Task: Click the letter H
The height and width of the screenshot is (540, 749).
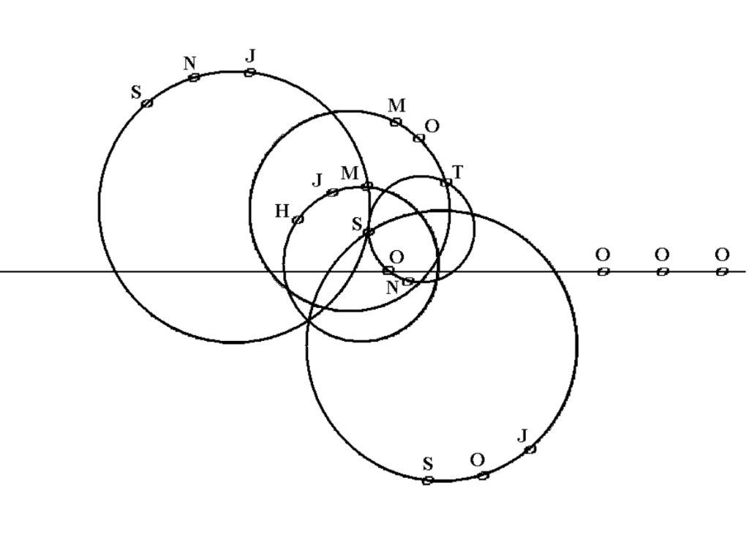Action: click(x=282, y=212)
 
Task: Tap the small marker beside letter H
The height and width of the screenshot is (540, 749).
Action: click(x=298, y=220)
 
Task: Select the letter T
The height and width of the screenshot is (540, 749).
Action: click(x=458, y=173)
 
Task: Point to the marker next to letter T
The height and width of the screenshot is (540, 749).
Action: click(x=445, y=182)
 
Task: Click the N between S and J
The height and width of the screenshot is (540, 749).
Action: click(x=189, y=64)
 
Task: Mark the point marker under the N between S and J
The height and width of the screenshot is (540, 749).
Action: click(x=194, y=78)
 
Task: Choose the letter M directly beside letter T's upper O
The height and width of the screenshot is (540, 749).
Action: click(x=396, y=106)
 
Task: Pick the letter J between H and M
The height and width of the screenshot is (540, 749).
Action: click(x=317, y=180)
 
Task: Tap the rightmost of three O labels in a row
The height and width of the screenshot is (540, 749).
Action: click(x=722, y=255)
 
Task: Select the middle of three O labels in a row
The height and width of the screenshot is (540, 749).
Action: click(x=661, y=255)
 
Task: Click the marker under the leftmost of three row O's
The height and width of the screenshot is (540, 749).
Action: click(x=603, y=271)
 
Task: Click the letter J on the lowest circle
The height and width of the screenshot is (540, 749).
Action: click(x=522, y=437)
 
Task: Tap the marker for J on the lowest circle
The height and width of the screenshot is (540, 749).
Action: click(x=530, y=449)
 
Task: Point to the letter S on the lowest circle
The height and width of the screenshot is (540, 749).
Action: click(x=428, y=465)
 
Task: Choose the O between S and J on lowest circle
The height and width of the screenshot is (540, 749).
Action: click(x=477, y=460)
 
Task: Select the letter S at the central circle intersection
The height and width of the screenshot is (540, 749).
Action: click(x=357, y=225)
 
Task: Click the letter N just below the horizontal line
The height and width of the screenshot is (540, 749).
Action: click(x=392, y=288)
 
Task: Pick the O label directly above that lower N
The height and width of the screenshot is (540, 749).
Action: click(x=396, y=258)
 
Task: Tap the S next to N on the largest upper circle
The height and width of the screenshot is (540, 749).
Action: click(x=136, y=93)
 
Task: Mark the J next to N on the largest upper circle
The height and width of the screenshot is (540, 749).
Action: click(x=251, y=56)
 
